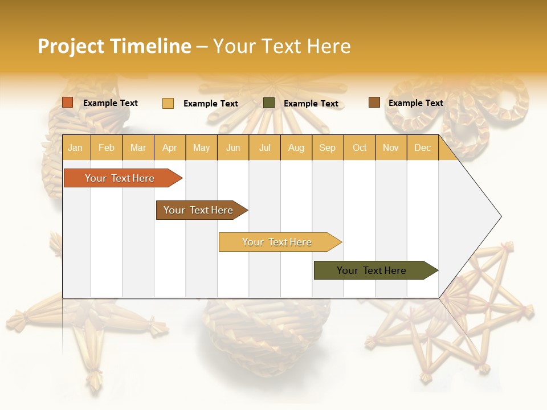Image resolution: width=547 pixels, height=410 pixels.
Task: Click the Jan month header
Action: tap(76, 147)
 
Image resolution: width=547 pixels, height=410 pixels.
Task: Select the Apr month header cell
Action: tap(170, 147)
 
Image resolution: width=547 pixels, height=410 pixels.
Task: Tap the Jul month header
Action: tap(264, 147)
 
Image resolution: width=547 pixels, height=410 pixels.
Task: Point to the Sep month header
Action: tap(327, 147)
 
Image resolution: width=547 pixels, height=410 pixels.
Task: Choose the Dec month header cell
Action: tap(422, 147)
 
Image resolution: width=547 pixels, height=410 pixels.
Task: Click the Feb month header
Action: tap(107, 147)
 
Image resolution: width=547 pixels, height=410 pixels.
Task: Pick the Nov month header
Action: tap(391, 147)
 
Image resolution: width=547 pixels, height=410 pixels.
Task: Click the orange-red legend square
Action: tap(68, 102)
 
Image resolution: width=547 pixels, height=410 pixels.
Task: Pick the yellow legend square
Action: tap(168, 103)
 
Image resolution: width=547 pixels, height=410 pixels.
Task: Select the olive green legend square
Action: tap(269, 103)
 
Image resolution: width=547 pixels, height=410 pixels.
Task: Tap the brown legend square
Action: tap(374, 102)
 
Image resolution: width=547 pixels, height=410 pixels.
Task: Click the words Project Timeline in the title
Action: tap(115, 46)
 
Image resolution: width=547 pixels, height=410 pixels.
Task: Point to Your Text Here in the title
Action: tap(281, 46)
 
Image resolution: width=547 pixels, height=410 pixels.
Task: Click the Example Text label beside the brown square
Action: tap(415, 103)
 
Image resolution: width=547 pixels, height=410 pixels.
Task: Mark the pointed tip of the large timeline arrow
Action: tap(500, 216)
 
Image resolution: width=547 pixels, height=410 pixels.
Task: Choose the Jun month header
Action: tap(233, 147)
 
